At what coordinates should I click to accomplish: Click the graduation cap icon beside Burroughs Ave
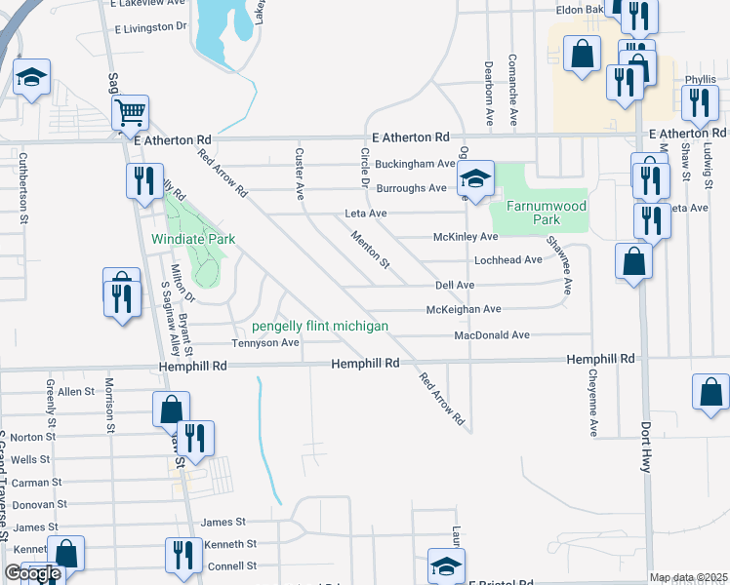tap(476, 177)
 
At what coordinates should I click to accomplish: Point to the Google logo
tap(31, 573)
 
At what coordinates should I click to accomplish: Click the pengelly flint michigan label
tap(320, 326)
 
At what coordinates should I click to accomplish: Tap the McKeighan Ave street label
tap(464, 309)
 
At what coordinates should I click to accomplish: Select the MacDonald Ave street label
tap(491, 335)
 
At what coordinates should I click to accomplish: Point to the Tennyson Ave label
tap(264, 343)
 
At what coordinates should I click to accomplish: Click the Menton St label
tap(371, 250)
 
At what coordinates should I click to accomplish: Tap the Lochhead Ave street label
tap(507, 260)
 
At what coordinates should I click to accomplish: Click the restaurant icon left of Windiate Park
tap(142, 181)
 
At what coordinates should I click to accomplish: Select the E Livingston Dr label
tap(150, 26)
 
